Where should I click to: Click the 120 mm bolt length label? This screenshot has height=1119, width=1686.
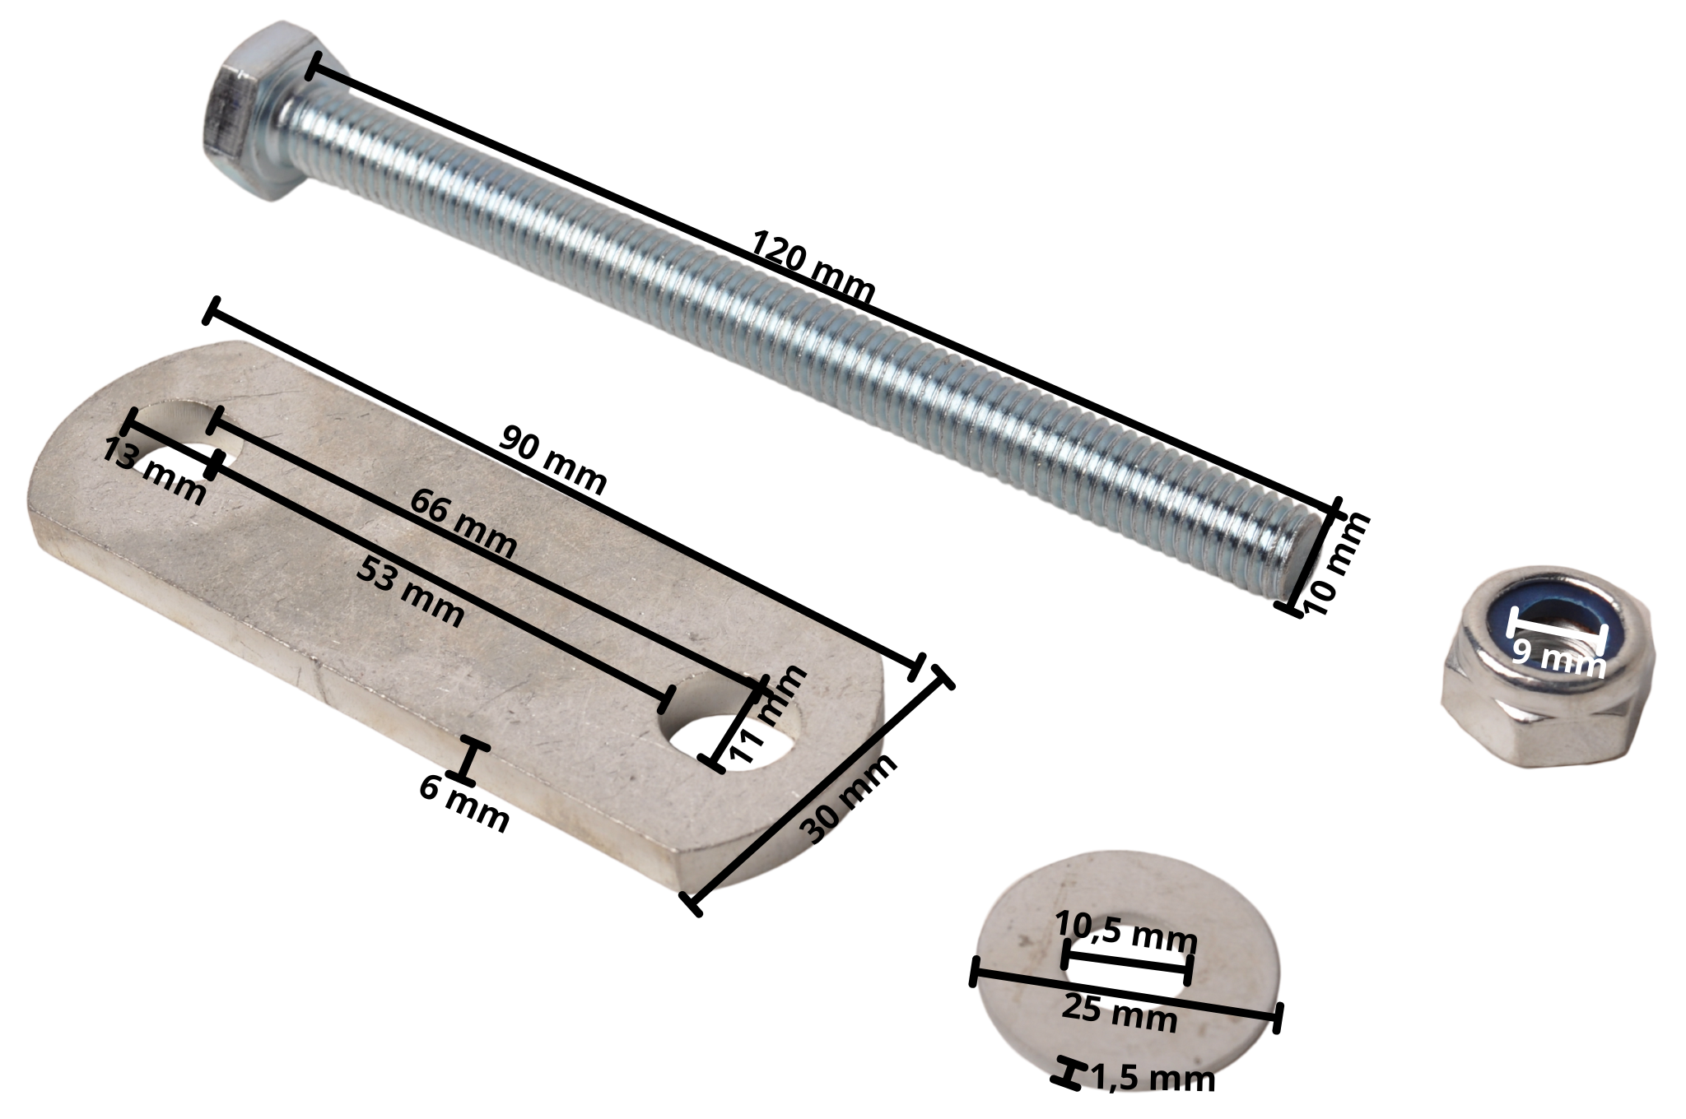point(813,268)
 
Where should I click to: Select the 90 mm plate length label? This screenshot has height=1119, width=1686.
point(553,460)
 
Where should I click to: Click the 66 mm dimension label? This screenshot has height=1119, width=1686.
point(463,523)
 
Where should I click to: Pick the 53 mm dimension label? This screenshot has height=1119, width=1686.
point(410,591)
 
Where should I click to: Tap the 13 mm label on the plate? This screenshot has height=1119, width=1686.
point(154,472)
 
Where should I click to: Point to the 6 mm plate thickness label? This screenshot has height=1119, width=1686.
point(463,810)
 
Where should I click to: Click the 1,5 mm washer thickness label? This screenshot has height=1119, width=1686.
point(1153,1078)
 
